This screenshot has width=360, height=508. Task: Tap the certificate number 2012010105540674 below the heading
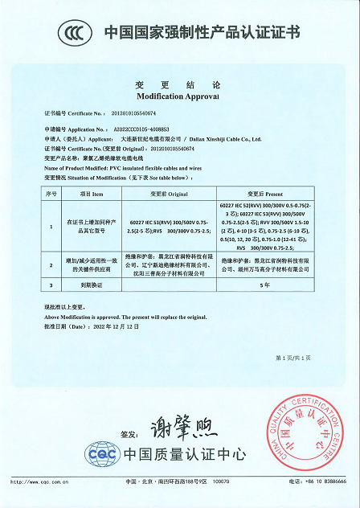(x=133, y=113)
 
